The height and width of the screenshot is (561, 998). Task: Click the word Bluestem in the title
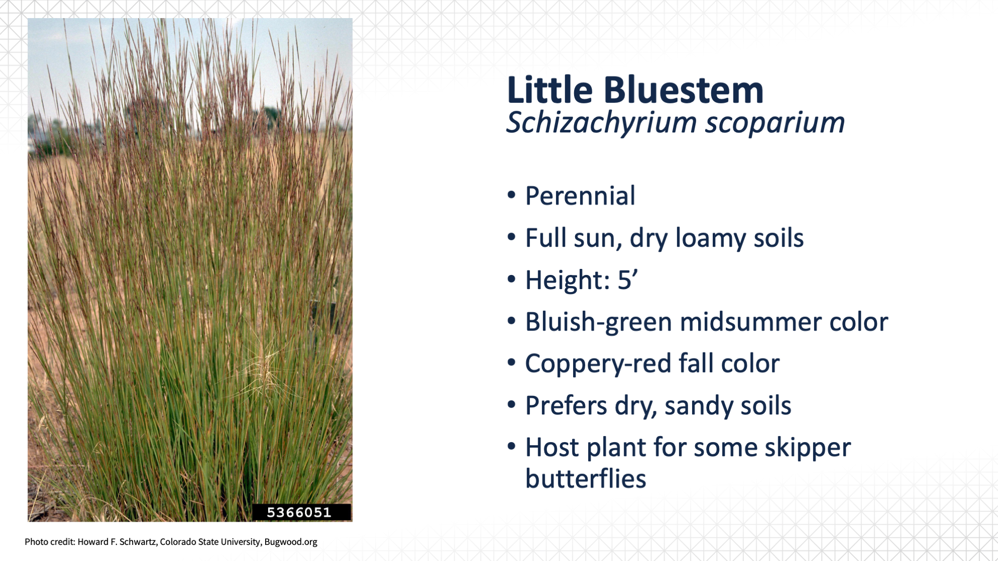[683, 90]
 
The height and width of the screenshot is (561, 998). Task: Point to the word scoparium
[775, 124]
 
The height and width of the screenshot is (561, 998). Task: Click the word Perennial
[580, 196]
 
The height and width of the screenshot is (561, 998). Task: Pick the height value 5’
[628, 280]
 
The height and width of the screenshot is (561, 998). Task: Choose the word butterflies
[586, 478]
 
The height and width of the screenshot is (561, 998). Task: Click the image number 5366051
[299, 512]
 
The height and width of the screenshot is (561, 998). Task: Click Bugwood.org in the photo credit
[291, 542]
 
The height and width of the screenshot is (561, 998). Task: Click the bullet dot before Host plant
[512, 447]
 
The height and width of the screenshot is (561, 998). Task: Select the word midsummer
[751, 322]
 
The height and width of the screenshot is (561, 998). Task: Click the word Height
[567, 280]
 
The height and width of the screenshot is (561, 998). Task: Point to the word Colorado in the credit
[178, 542]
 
